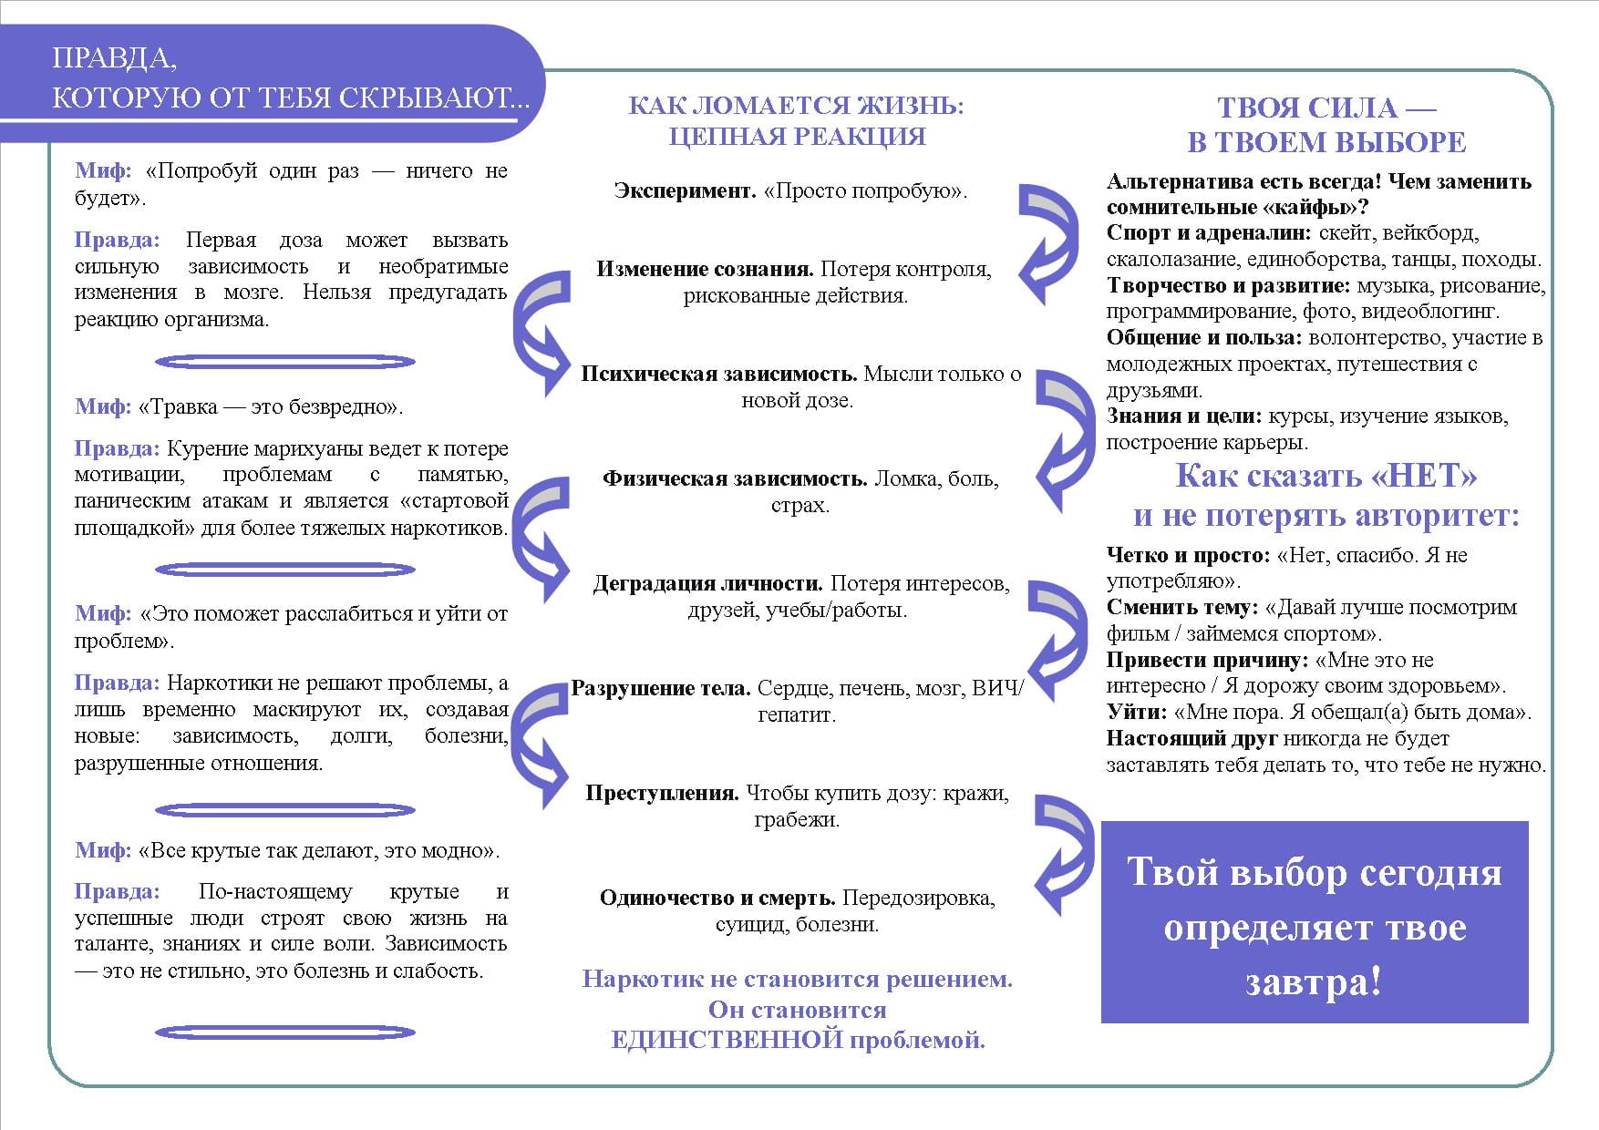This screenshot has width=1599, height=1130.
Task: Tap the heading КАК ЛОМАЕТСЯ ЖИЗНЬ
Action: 796,106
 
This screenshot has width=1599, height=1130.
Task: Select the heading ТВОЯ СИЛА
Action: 1326,108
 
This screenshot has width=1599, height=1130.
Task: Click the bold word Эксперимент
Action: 685,190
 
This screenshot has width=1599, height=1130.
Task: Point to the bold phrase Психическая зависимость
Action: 718,374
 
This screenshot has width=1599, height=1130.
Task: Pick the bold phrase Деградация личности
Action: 707,583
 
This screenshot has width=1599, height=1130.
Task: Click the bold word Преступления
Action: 662,793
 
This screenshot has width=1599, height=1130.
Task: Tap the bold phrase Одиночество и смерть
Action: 717,898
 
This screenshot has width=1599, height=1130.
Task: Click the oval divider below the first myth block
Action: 285,362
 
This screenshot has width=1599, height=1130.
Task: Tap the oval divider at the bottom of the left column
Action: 285,1032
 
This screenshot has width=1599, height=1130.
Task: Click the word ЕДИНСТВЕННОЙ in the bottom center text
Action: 726,1040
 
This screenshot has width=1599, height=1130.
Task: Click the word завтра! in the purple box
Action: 1314,982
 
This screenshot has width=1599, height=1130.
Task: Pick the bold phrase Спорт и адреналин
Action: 1209,233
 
